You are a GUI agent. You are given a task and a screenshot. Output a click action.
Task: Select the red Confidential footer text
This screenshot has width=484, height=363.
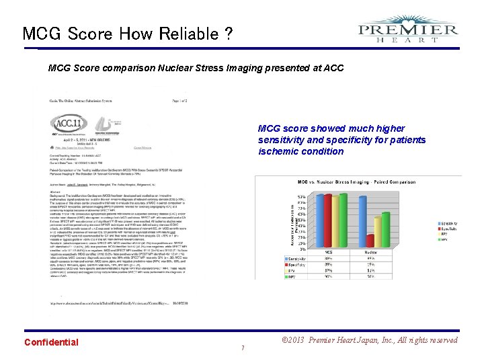pos(51,342)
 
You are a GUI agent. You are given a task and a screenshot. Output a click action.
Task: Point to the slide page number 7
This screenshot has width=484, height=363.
pos(242,348)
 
